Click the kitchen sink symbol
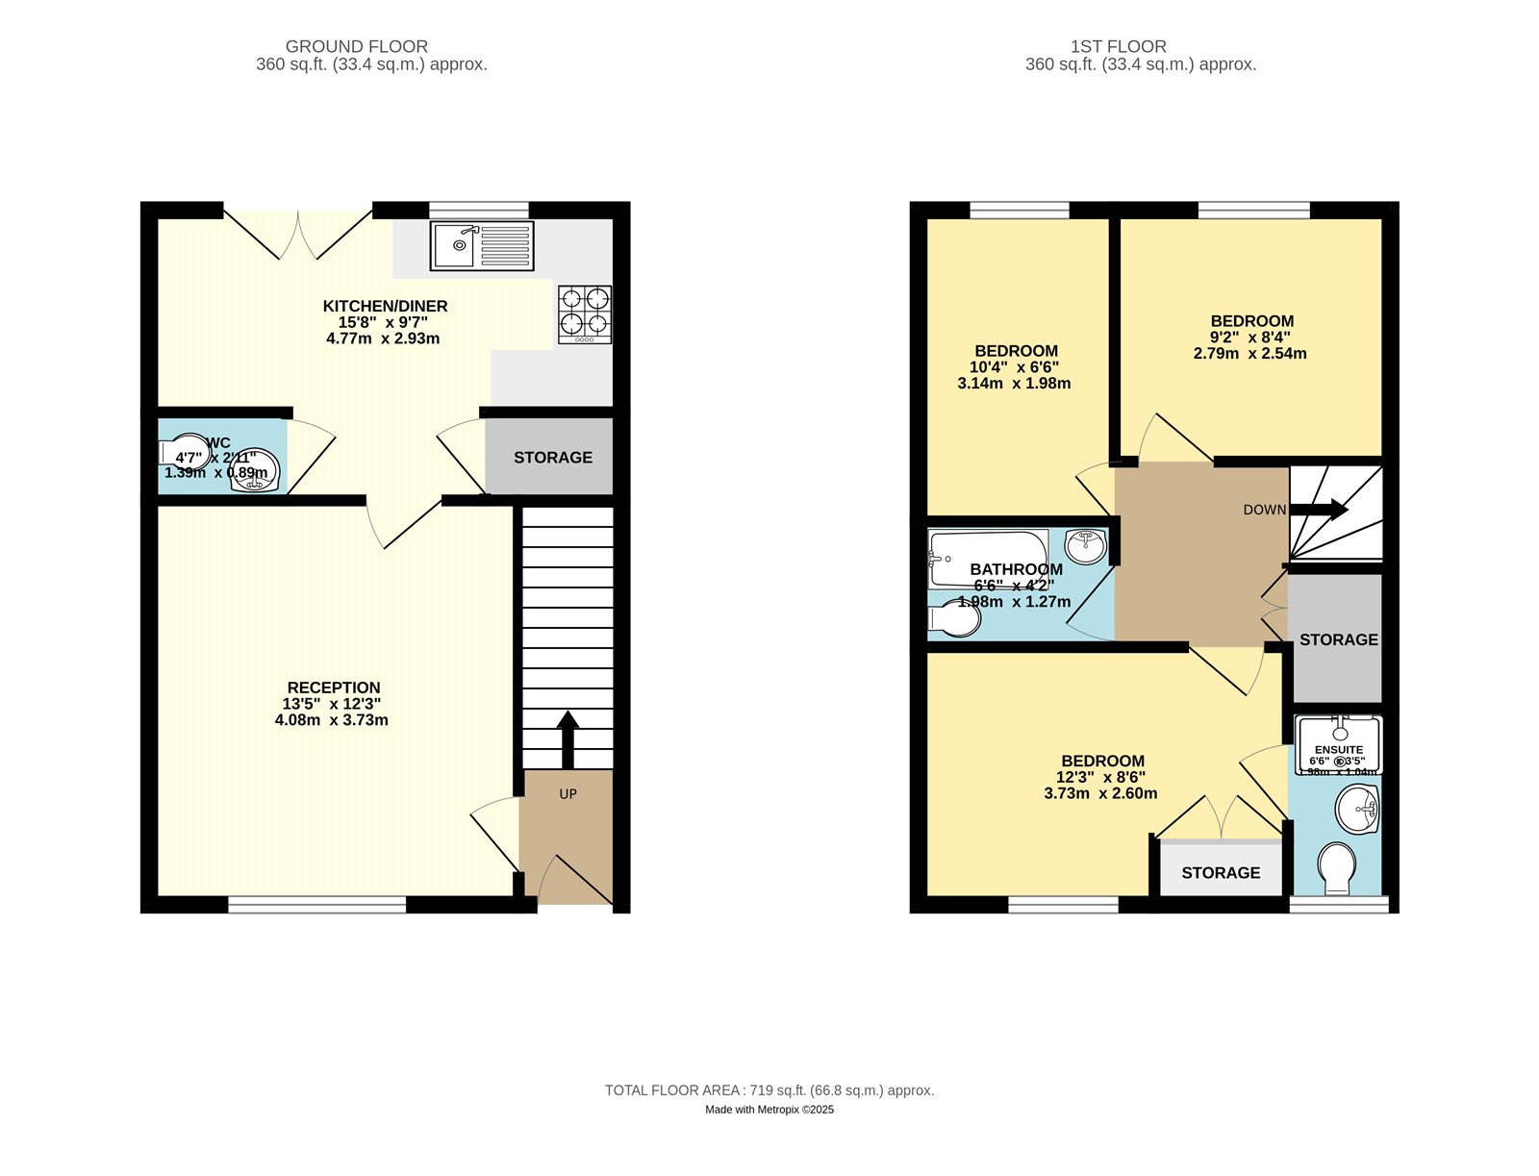482,245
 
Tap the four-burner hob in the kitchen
585,314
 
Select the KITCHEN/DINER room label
385,306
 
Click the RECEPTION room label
334,688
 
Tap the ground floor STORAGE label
553,458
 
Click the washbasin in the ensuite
1358,809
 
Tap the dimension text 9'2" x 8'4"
1250,338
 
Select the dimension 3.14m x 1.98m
1014,383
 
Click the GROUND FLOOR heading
357,46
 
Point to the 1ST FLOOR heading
1119,46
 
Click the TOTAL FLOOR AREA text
769,1090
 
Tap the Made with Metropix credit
769,1110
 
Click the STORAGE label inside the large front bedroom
1221,872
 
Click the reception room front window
317,904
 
